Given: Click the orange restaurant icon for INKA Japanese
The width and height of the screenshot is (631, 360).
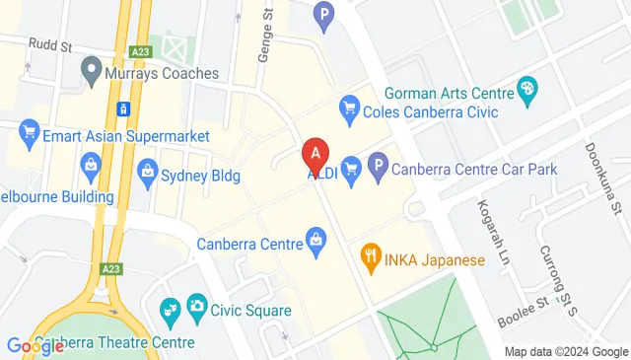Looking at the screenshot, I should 372,260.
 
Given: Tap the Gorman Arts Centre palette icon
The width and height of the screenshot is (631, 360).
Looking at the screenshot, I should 527,92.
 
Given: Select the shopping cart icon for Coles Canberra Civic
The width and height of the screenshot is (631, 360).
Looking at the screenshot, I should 348,108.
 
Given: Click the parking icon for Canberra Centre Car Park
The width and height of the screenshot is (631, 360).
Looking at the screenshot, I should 378,169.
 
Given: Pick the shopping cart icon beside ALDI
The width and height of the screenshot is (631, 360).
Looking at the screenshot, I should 350,169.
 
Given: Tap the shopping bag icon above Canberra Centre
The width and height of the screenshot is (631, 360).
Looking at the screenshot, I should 315,238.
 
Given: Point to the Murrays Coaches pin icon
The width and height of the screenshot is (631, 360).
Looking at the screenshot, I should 92,70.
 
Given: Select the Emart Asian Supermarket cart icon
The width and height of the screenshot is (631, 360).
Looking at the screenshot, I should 30,130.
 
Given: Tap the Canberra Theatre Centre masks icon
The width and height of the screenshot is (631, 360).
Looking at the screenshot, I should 170,313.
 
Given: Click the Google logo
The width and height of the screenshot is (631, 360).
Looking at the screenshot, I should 35,346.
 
